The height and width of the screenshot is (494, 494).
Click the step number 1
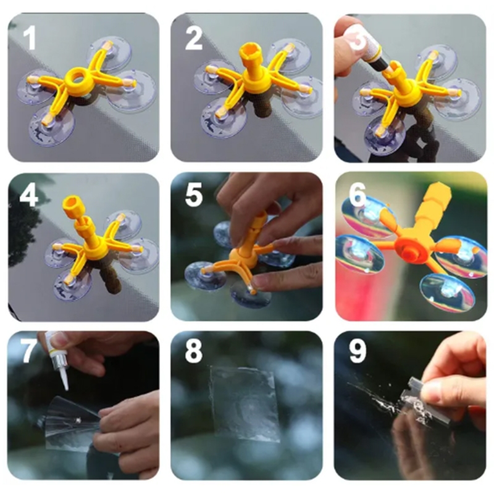point(30,38)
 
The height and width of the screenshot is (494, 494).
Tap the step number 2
point(193,38)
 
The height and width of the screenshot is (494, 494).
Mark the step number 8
point(193,351)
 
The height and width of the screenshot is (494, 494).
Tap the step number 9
point(358,351)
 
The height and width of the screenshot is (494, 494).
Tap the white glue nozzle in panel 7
point(64,379)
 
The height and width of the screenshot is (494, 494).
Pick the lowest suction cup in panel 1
point(52,126)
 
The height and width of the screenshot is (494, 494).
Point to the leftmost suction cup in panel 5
point(205,277)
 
